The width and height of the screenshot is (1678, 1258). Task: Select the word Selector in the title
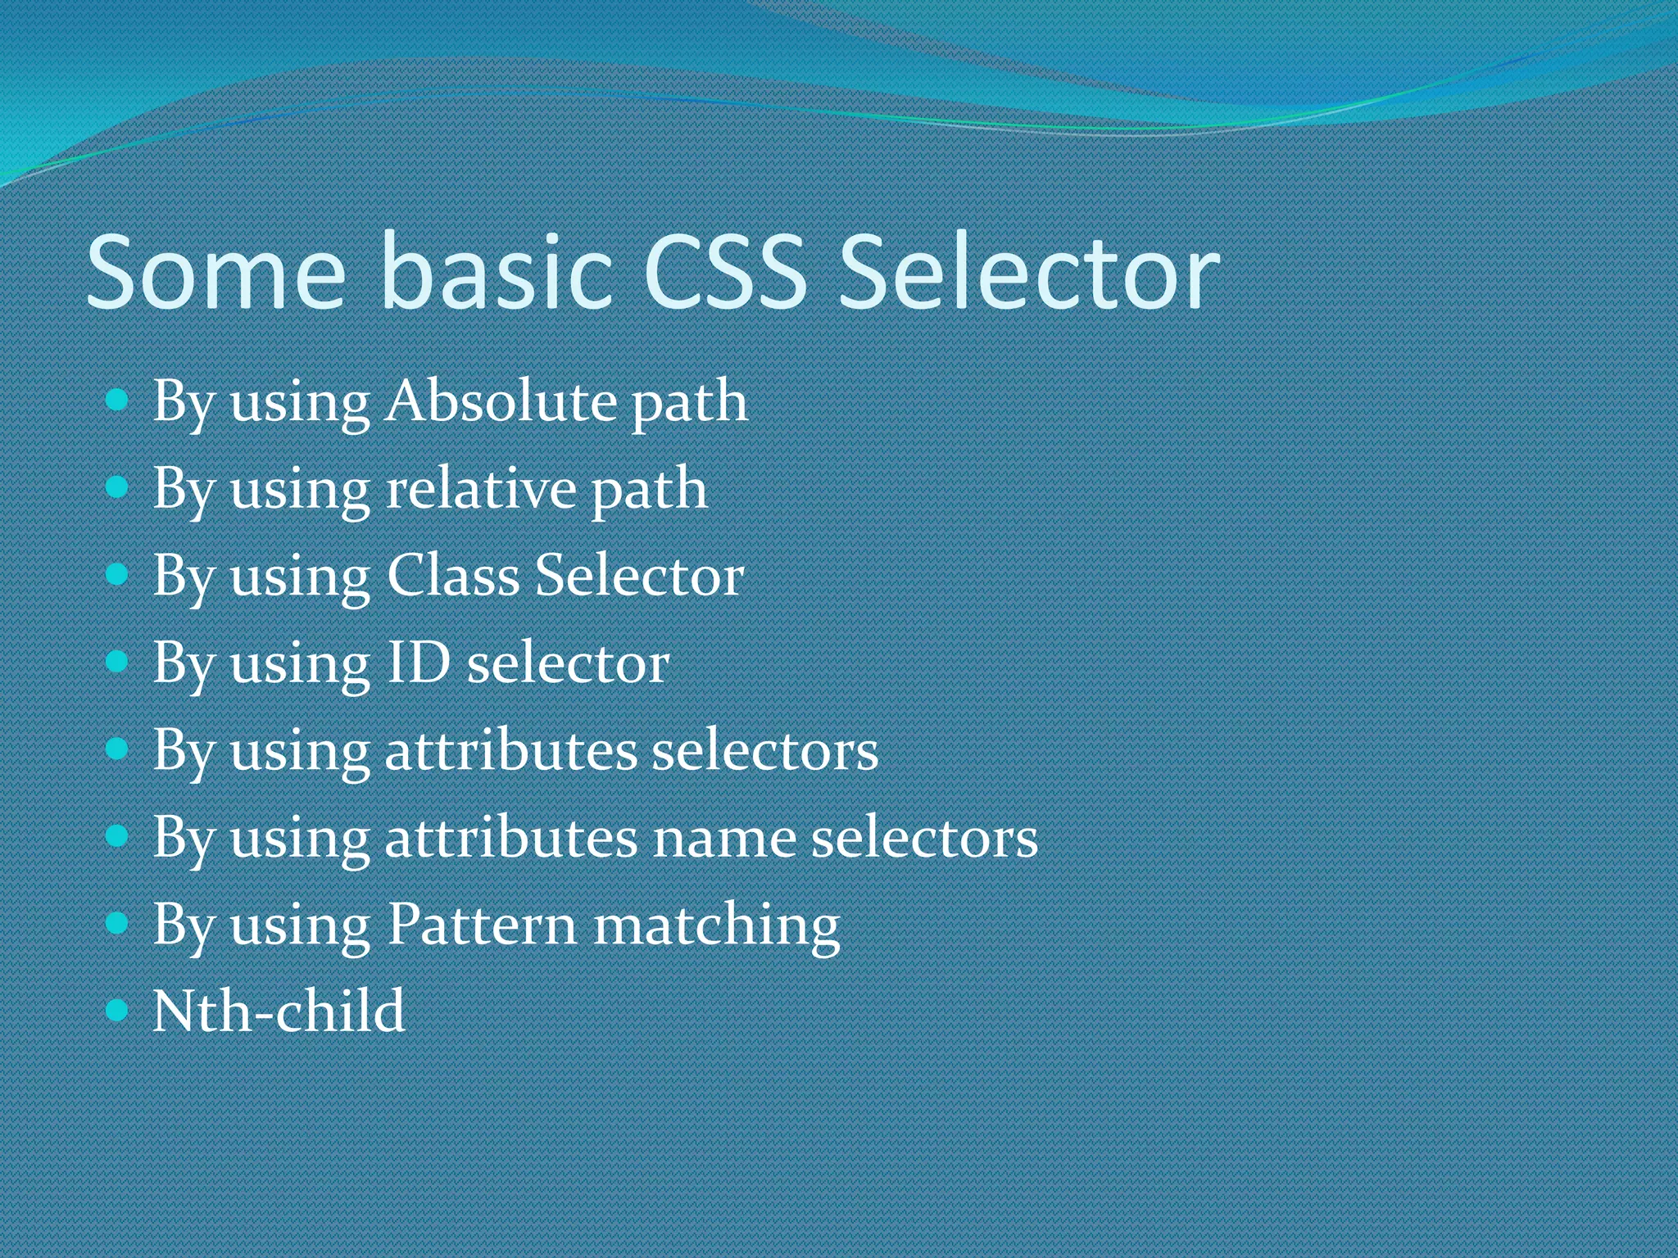[1029, 274]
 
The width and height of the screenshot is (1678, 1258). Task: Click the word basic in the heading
[497, 274]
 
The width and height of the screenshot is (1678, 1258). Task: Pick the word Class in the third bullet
[452, 575]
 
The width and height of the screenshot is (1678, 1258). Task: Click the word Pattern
[482, 925]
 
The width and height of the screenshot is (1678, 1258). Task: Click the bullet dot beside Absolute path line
[118, 400]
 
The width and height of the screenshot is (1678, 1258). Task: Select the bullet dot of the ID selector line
[118, 662]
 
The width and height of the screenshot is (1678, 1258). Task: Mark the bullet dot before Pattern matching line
[118, 924]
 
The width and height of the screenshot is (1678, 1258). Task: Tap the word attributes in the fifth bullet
[510, 750]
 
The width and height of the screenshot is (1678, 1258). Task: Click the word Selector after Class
[639, 575]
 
